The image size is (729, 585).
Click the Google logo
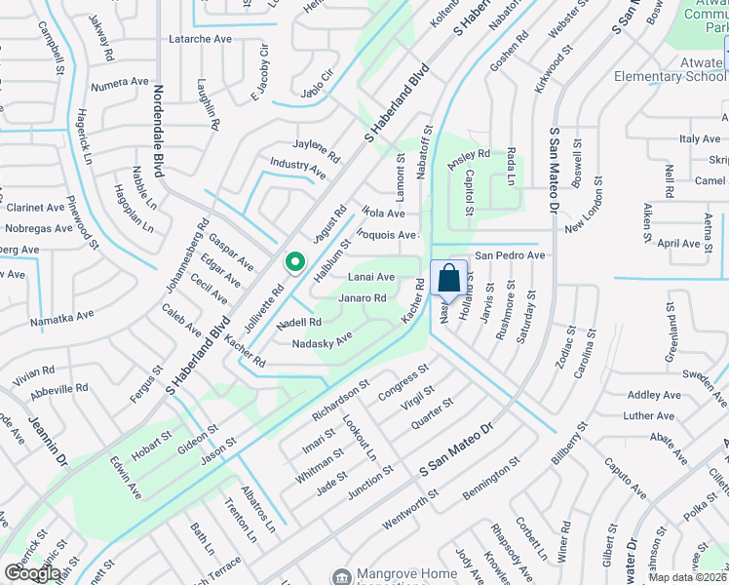pos(32,573)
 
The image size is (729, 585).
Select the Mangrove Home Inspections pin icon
pos(340,576)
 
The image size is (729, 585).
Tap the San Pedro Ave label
pos(509,255)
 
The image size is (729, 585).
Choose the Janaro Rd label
pos(363,298)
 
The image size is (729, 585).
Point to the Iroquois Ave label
pos(387,235)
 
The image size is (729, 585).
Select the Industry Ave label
pos(298,168)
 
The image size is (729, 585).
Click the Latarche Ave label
pos(201,65)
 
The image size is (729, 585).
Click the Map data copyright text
pos(688,577)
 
